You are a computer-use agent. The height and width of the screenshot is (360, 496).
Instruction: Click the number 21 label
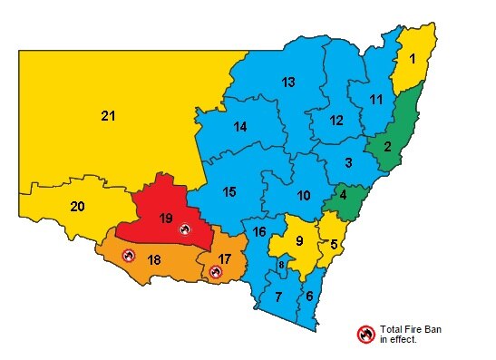pyautogui.click(x=109, y=115)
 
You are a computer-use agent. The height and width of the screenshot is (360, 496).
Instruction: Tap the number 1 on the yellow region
pyautogui.click(x=413, y=59)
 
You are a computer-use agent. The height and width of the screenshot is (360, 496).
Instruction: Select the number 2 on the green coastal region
pyautogui.click(x=386, y=147)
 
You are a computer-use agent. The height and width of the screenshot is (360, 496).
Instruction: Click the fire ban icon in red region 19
pyautogui.click(x=185, y=229)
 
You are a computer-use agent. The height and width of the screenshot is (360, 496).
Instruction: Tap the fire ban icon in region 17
pyautogui.click(x=215, y=271)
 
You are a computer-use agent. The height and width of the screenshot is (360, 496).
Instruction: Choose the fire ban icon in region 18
pyautogui.click(x=128, y=256)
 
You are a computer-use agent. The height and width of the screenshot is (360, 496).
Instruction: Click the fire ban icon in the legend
pyautogui.click(x=365, y=334)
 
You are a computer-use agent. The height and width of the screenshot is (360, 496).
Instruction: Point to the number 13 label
pyautogui.click(x=288, y=83)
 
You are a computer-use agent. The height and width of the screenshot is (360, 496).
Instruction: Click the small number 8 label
pyautogui.click(x=281, y=265)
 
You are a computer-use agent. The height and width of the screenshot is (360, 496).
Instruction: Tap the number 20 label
pyautogui.click(x=78, y=207)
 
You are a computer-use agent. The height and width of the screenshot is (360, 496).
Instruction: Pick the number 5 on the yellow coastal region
pyautogui.click(x=335, y=244)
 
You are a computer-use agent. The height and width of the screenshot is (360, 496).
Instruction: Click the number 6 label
pyautogui.click(x=309, y=297)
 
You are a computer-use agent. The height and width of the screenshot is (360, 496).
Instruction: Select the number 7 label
pyautogui.click(x=278, y=297)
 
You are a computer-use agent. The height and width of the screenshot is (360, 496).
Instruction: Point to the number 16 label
pyautogui.click(x=259, y=232)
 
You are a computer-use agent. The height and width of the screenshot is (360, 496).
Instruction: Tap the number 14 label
pyautogui.click(x=239, y=127)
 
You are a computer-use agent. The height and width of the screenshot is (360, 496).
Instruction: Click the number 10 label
pyautogui.click(x=304, y=195)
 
